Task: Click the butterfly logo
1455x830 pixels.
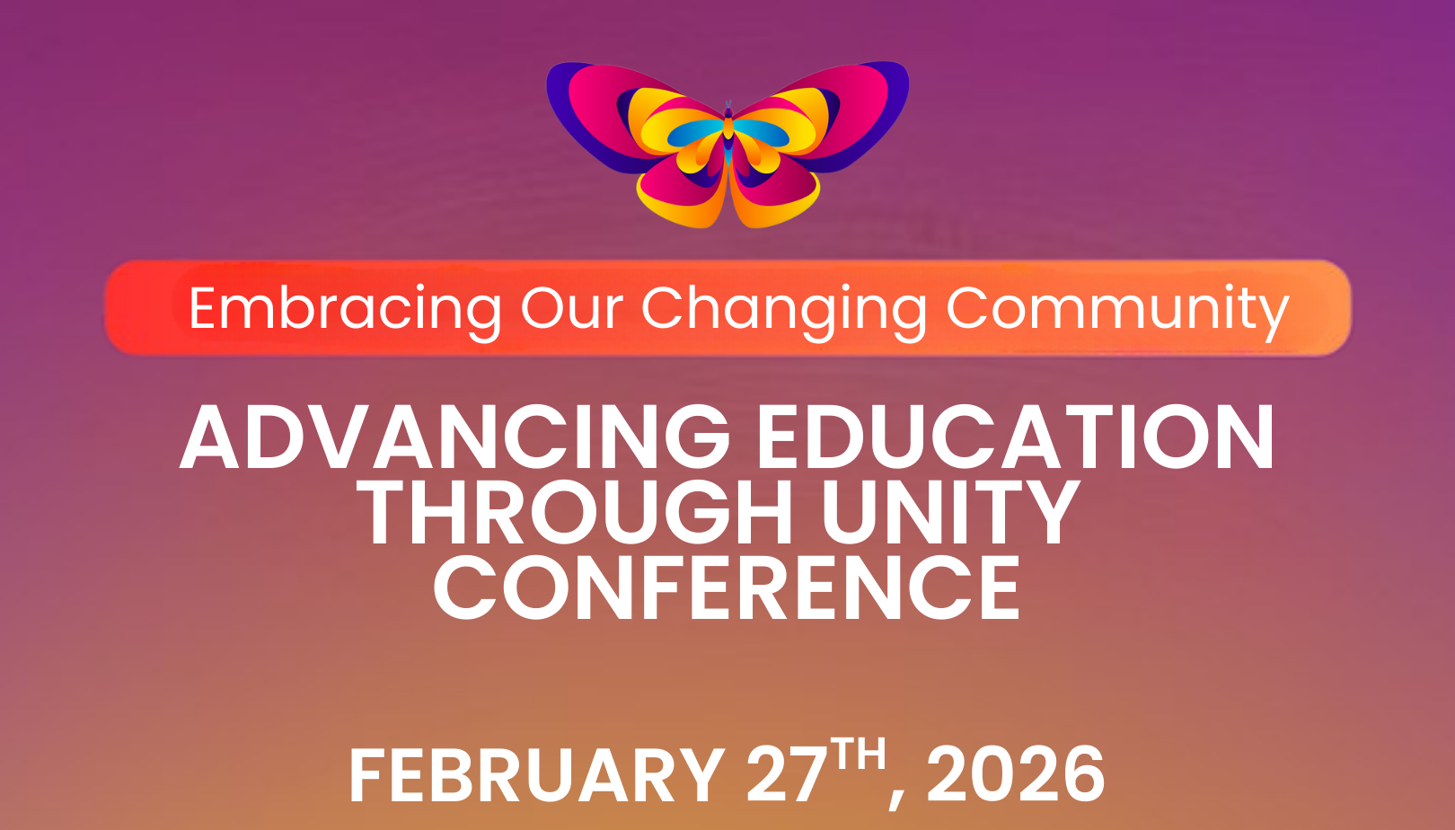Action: tap(727, 144)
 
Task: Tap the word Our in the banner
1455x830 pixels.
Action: tap(571, 310)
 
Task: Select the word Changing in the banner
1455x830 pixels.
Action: tap(783, 310)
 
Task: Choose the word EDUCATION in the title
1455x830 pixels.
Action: tap(1015, 437)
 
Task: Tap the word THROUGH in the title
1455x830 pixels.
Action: tap(575, 513)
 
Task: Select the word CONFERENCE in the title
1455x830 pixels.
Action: tap(727, 588)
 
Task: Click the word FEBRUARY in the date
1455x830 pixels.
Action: tap(536, 775)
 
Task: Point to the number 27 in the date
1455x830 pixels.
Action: tap(786, 775)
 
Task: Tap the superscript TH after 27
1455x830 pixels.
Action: tap(859, 755)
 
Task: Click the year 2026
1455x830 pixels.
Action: tap(1016, 775)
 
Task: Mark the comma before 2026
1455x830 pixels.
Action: tap(897, 795)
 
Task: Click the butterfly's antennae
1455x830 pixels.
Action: tap(728, 106)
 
